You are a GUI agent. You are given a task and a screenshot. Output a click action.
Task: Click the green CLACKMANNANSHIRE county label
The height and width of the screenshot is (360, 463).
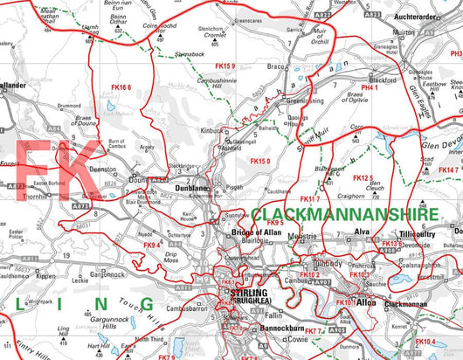[357, 213]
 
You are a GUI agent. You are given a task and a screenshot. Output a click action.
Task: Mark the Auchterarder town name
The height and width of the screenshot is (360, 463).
[427, 17]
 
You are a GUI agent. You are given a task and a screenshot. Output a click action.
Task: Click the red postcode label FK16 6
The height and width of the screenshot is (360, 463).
[121, 88]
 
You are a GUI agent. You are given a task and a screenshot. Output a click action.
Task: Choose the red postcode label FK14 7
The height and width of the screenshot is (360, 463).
[448, 170]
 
